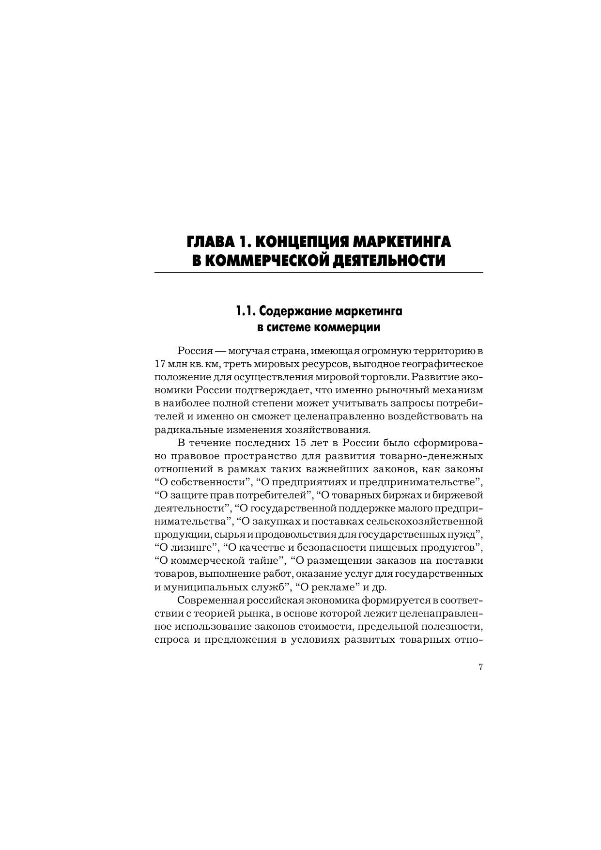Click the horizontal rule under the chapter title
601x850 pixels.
[x=319, y=273]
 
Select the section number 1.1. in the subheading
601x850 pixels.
[x=246, y=310]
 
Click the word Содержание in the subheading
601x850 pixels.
[x=293, y=310]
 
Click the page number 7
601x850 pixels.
[x=480, y=667]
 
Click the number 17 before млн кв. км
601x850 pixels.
[x=160, y=363]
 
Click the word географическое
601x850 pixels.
[x=446, y=363]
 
